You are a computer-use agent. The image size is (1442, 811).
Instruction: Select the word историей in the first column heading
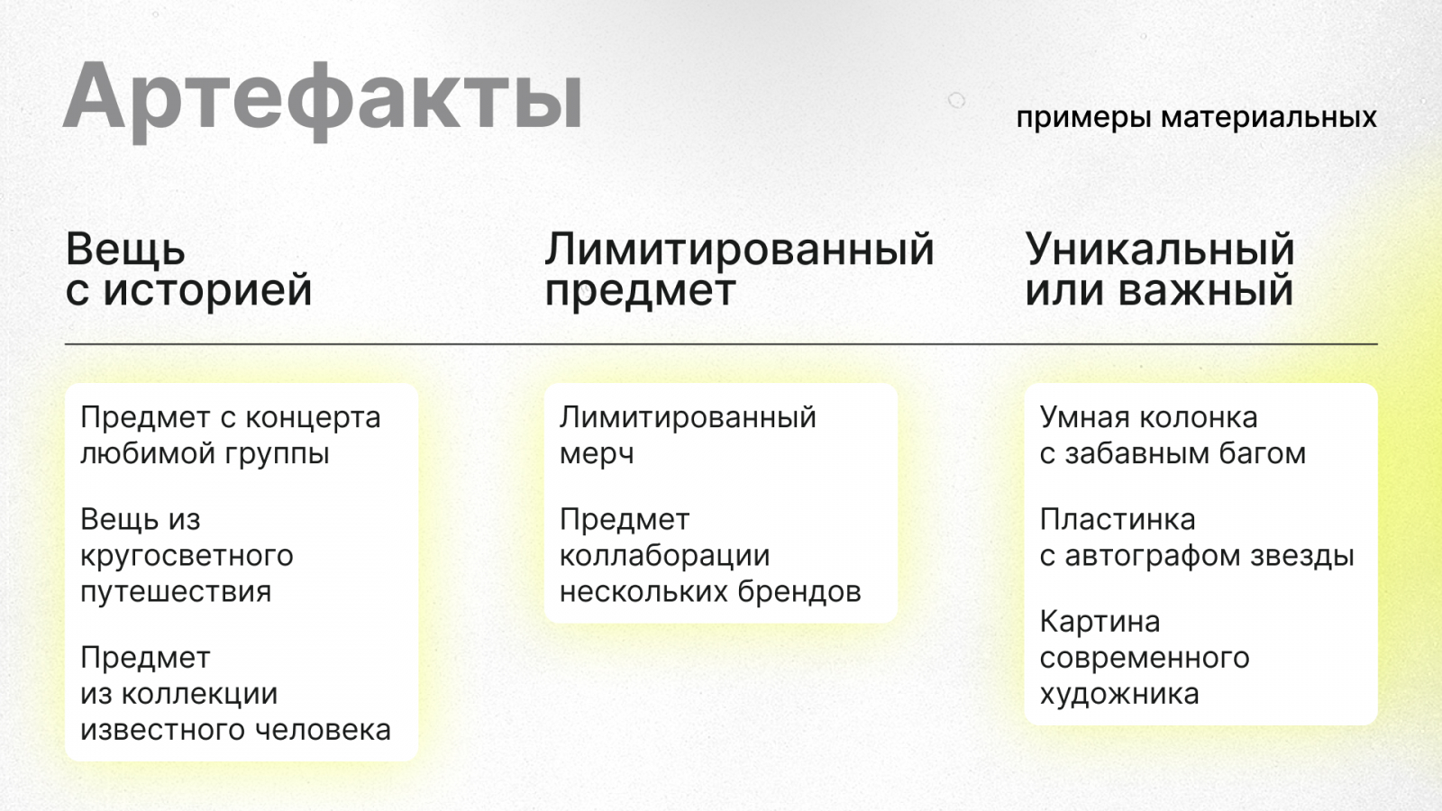click(208, 289)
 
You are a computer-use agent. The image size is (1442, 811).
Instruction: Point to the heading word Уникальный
click(1159, 250)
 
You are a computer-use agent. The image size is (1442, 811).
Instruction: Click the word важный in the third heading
click(1206, 289)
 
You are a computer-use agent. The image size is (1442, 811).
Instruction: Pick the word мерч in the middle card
click(597, 454)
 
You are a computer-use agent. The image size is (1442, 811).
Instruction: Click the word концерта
click(314, 418)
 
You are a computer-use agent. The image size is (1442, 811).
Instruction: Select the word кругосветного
click(187, 556)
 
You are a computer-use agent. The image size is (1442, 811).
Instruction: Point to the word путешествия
click(176, 592)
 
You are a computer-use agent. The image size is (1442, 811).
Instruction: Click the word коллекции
click(199, 695)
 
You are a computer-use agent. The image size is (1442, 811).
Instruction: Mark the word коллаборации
click(664, 556)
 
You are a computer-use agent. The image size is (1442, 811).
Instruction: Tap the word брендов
click(799, 591)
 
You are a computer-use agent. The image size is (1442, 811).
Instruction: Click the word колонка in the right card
click(1203, 418)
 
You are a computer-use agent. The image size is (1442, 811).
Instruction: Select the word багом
click(1263, 454)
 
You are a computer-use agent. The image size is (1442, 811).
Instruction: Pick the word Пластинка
click(1118, 519)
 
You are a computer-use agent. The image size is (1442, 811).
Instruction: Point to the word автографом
click(1153, 556)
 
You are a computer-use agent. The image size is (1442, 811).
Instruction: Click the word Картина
click(1100, 622)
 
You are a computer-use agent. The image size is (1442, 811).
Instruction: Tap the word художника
click(1119, 695)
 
